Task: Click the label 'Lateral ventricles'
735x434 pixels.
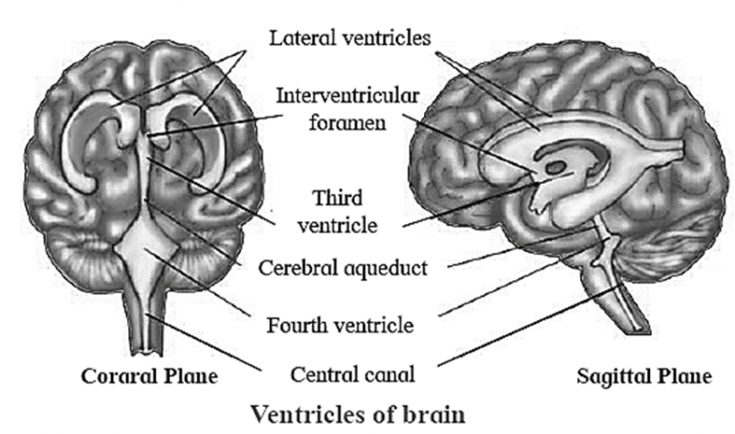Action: click(x=350, y=38)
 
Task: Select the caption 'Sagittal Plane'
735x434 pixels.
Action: click(x=644, y=377)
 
